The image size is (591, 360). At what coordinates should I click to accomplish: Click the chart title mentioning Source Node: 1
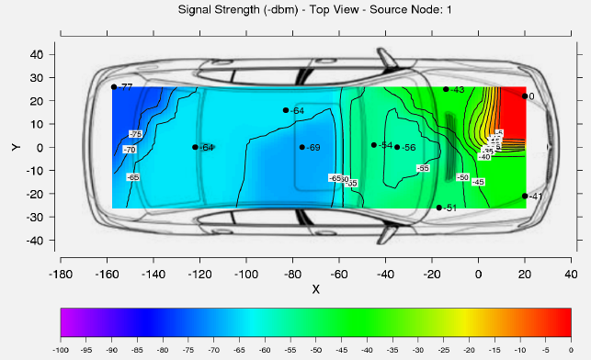(295, 9)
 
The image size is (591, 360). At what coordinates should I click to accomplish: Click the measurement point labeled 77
(114, 87)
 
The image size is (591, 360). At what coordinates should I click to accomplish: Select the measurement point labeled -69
(301, 147)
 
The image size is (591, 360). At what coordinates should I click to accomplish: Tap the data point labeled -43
(446, 89)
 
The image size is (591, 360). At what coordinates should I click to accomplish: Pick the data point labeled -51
(439, 208)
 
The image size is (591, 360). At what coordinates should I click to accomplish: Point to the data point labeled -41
(525, 196)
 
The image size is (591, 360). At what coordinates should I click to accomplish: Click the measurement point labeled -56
(397, 147)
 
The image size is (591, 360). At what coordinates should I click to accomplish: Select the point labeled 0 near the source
(525, 96)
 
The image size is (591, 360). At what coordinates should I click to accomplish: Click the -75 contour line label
(136, 135)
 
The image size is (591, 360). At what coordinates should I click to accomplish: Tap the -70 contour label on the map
(130, 150)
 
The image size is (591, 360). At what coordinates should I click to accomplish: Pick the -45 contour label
(479, 182)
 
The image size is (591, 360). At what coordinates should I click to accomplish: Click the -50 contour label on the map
(462, 176)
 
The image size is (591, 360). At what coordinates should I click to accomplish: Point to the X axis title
(315, 288)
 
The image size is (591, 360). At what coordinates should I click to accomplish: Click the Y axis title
(16, 146)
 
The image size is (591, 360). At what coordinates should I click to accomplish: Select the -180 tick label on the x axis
(60, 274)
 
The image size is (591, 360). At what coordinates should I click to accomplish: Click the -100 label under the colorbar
(61, 350)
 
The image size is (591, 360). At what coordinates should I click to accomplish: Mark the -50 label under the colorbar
(316, 350)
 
